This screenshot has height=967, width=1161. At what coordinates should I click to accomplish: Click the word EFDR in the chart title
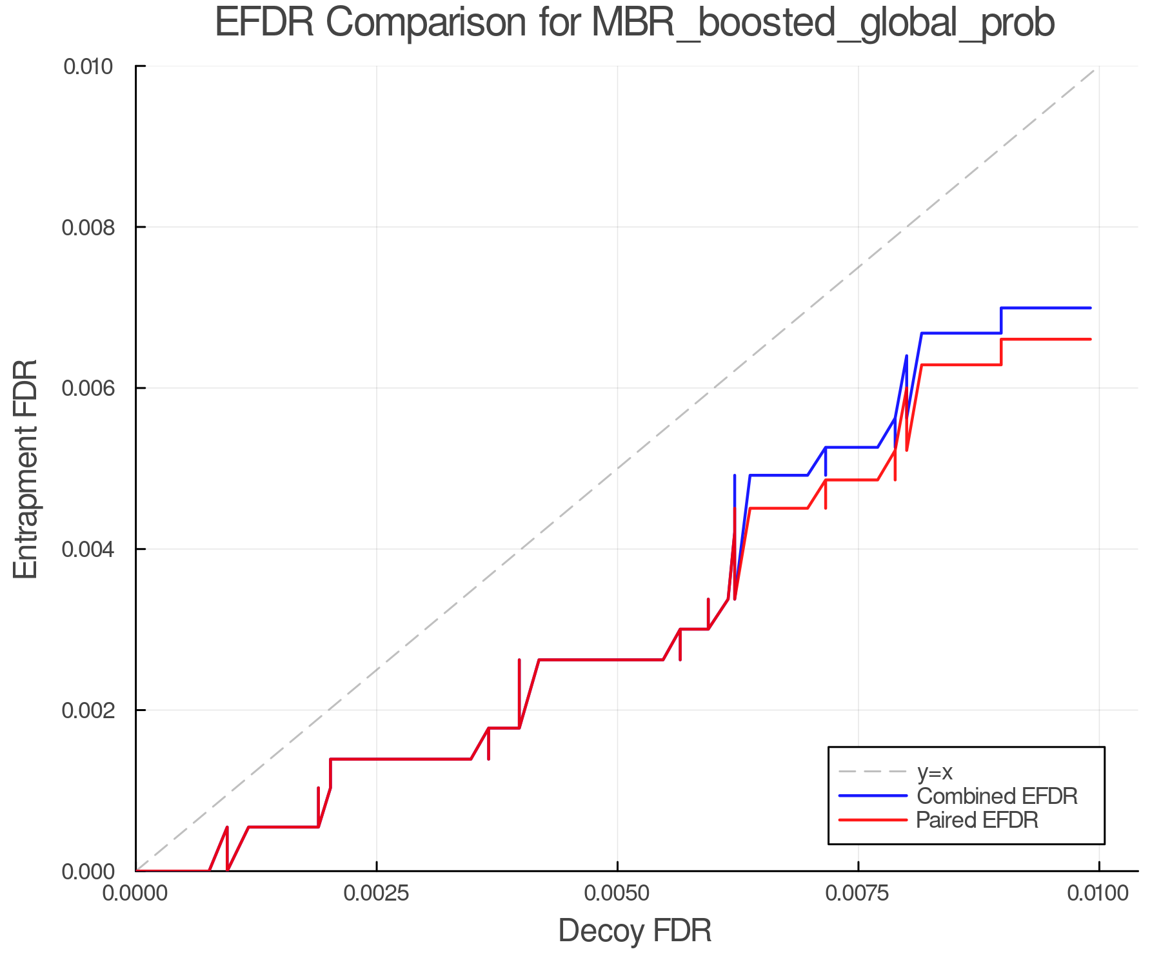(x=264, y=23)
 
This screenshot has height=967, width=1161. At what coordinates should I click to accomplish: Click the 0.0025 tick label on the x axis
(x=377, y=894)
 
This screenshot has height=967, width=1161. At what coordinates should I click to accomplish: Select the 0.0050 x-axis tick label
(x=617, y=894)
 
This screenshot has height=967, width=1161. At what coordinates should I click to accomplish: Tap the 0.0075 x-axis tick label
(x=858, y=894)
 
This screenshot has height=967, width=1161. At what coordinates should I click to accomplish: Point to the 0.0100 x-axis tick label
(x=1098, y=894)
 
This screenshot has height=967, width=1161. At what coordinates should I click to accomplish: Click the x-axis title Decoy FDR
(x=635, y=931)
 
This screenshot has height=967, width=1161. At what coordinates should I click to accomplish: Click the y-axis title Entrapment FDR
(x=26, y=469)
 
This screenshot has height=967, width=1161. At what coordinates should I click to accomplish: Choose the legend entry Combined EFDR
(x=997, y=796)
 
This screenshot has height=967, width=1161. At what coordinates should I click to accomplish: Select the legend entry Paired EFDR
(x=977, y=820)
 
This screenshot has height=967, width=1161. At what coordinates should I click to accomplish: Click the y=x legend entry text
(x=935, y=772)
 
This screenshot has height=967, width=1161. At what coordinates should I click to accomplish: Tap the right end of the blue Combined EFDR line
(x=1090, y=308)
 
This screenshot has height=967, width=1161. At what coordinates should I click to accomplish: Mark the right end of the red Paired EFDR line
(x=1090, y=339)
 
